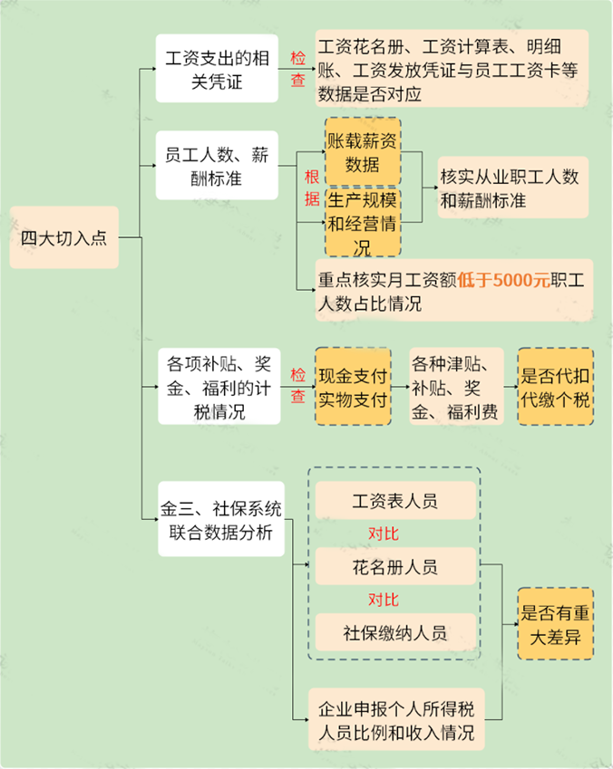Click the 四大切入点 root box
[x=63, y=238]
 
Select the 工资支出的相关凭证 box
[x=216, y=68]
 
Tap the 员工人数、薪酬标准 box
[x=216, y=166]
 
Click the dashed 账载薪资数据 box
[x=363, y=152]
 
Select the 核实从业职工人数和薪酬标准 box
[x=511, y=187]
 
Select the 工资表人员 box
[x=394, y=501]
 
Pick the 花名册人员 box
[x=394, y=567]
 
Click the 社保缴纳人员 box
[x=394, y=632]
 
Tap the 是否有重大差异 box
[x=556, y=624]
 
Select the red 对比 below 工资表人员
[x=384, y=533]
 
